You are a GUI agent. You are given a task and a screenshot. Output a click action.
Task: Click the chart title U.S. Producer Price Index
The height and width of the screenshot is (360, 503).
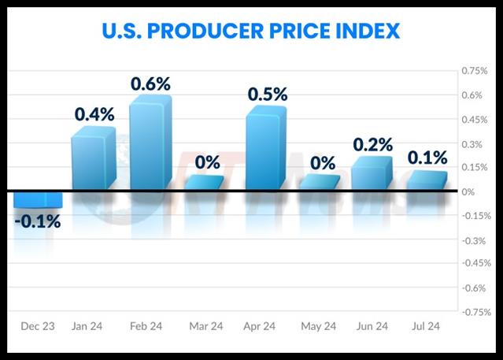coord(251,32)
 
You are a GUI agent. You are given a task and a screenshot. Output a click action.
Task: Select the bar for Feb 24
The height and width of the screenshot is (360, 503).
coord(150,146)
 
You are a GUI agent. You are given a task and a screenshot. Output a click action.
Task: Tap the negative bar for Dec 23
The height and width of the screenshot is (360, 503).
coord(37,199)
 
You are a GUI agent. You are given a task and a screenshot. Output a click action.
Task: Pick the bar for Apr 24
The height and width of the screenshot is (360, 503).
coord(265,150)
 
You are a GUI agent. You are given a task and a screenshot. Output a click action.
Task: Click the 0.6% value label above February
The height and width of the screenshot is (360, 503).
coord(150,84)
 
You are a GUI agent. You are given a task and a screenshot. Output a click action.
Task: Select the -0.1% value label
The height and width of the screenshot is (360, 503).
coord(37,221)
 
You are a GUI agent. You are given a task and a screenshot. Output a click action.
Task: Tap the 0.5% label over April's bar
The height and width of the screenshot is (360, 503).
coord(268,94)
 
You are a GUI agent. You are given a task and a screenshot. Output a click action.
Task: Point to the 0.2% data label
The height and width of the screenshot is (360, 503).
coord(372,145)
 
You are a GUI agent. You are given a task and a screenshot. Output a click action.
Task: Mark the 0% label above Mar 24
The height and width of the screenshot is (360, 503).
coord(208,163)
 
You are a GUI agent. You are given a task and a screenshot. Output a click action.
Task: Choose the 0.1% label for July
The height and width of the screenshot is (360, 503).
coord(427,158)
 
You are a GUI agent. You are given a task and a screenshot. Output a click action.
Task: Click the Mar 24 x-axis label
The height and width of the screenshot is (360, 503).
coord(207,325)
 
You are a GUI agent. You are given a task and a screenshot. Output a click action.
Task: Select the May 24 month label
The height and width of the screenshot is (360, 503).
coord(318,325)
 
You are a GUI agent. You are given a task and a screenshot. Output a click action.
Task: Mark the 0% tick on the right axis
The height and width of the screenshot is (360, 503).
coord(468,191)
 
